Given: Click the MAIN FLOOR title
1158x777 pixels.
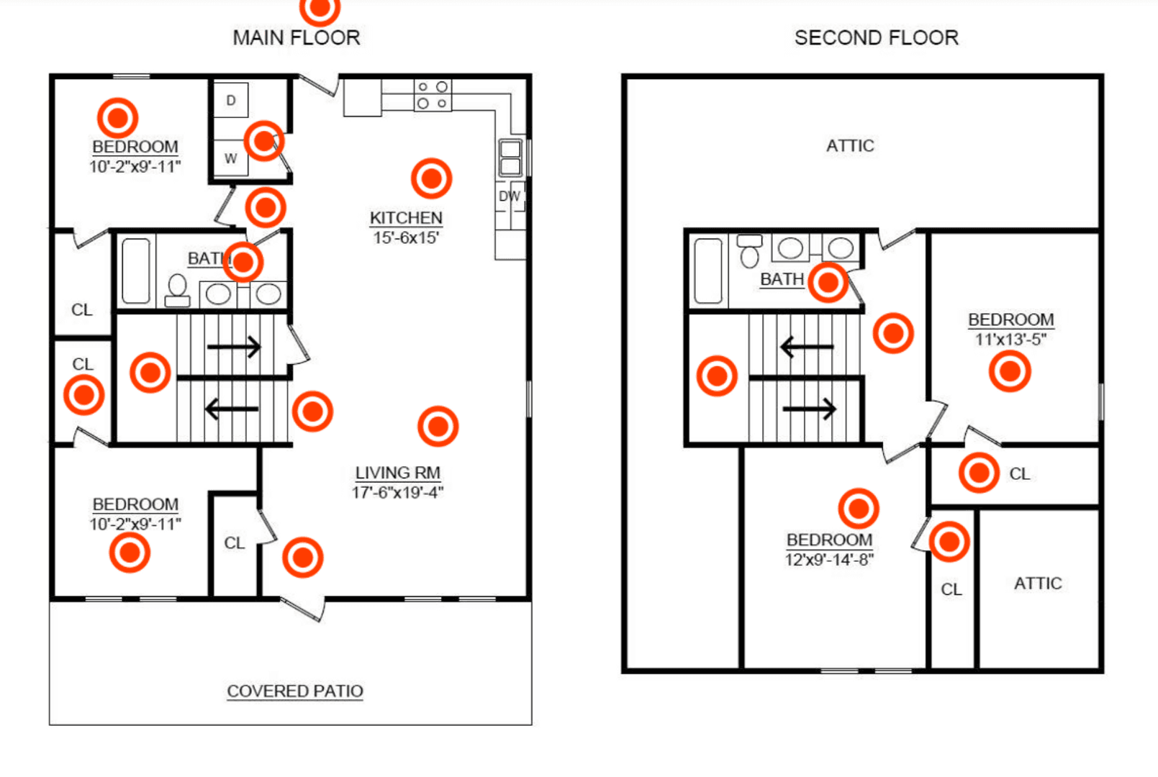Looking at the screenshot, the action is point(297,37).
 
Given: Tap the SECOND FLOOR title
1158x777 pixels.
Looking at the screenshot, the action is point(877,37).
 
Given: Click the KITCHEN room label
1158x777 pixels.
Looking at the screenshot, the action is point(407,218).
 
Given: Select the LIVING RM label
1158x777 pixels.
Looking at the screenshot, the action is point(397,473).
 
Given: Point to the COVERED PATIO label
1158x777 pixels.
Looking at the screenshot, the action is point(295,691).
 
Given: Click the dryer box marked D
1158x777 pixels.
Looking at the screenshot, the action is point(230,100).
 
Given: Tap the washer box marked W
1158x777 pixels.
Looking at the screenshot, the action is point(230,158).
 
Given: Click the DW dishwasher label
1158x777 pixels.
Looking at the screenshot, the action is point(510,196).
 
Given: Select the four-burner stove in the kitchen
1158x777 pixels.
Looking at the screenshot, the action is point(433,95).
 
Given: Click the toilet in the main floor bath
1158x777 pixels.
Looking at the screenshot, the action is point(177,291).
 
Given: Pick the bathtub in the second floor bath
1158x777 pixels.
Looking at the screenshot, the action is point(707,271).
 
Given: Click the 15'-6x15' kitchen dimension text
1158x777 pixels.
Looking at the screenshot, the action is point(407,237).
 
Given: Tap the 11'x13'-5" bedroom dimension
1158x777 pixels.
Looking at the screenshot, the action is point(1010,340).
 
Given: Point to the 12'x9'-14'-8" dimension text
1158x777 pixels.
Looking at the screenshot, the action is point(829,560).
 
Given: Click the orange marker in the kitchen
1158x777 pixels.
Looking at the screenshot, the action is point(432,178).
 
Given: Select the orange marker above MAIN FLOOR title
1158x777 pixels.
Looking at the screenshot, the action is point(320,8).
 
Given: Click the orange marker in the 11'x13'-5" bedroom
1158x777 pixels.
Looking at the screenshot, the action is point(1010,371).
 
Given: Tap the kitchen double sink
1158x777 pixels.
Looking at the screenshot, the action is point(510,158).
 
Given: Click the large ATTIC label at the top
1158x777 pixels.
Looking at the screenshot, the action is point(851,145).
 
